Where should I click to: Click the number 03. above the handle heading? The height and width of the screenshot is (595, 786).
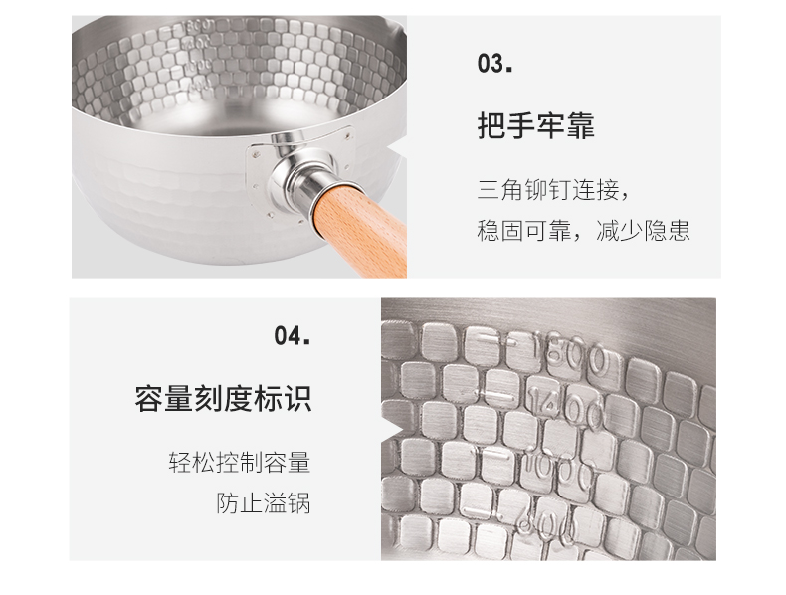click(494, 64)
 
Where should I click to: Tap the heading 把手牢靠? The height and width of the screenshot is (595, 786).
click(535, 124)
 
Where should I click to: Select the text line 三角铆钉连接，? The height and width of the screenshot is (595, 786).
click(553, 190)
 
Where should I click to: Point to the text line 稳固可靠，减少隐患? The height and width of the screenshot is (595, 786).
click(583, 231)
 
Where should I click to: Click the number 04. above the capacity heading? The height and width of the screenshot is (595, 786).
click(293, 335)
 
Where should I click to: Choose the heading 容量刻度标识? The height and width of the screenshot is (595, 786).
click(223, 399)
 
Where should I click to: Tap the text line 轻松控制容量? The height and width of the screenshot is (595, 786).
click(240, 462)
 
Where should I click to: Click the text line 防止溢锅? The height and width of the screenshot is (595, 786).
click(264, 502)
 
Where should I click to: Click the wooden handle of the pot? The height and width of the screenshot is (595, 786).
click(362, 231)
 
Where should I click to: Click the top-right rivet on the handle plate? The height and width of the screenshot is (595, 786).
click(348, 134)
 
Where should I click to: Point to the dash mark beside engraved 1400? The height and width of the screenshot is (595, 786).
click(497, 396)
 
